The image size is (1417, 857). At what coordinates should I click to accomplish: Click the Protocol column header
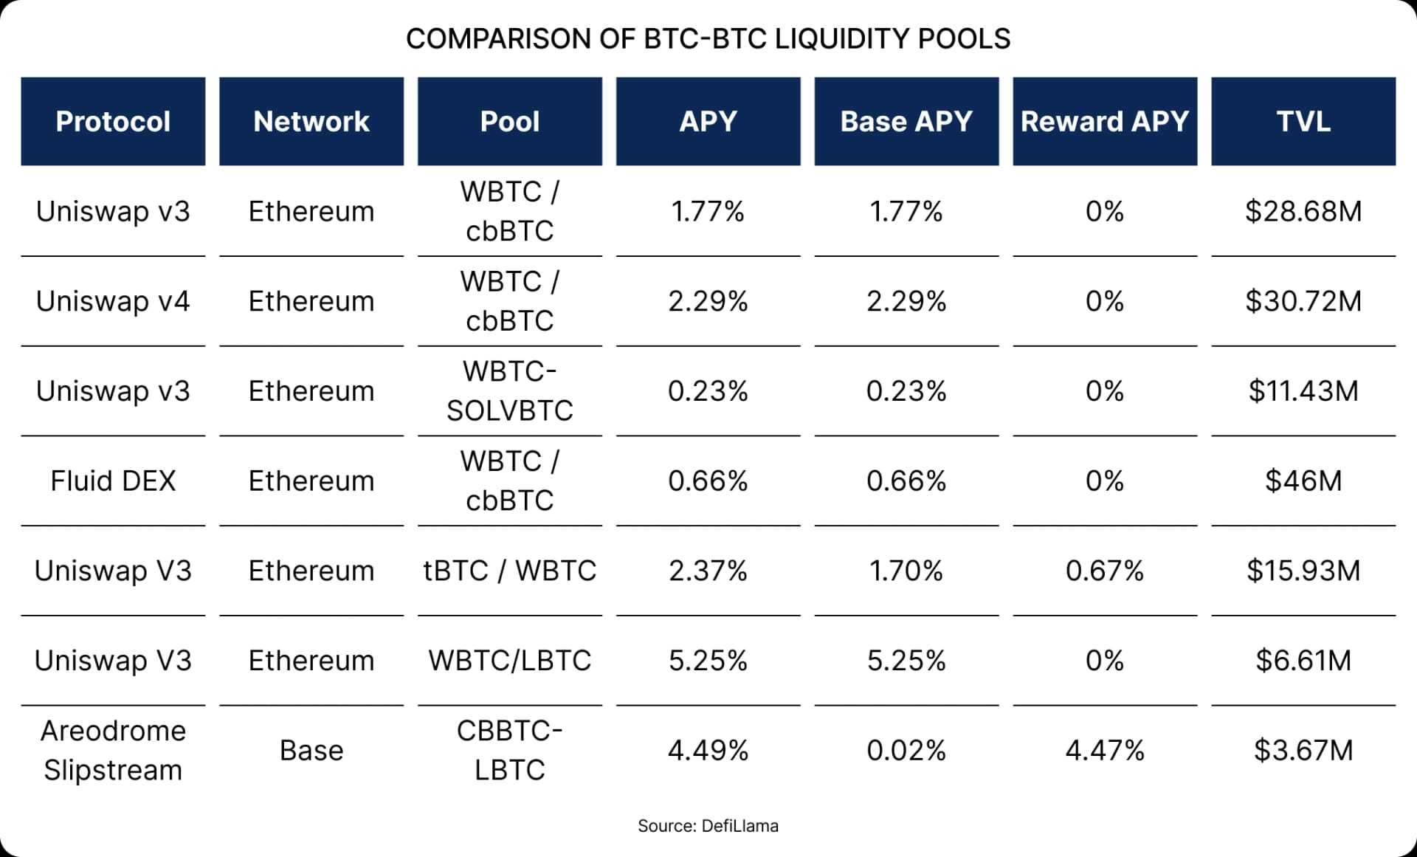click(x=113, y=121)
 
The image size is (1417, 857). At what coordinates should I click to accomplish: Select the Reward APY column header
click(x=1104, y=121)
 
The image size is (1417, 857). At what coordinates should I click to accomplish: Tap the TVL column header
click(x=1303, y=121)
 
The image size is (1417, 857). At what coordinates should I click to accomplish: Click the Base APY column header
click(x=906, y=121)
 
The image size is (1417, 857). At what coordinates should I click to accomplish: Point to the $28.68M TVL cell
click(x=1303, y=212)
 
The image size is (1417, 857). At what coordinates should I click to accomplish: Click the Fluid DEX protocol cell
click(x=113, y=481)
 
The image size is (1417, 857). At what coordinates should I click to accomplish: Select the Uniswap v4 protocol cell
click(x=113, y=301)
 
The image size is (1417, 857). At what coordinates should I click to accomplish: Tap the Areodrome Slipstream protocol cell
click(x=113, y=750)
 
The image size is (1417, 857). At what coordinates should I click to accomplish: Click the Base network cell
click(x=311, y=751)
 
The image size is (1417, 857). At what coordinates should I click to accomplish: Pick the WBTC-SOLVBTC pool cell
click(x=509, y=391)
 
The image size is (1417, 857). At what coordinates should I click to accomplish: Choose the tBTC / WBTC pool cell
click(x=509, y=571)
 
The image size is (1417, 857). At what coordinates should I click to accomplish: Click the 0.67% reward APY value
click(x=1104, y=571)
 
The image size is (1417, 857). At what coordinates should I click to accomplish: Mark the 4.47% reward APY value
click(x=1104, y=751)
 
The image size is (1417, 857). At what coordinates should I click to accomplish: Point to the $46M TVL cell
click(x=1303, y=481)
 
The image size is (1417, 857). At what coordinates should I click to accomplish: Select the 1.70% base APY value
click(x=906, y=571)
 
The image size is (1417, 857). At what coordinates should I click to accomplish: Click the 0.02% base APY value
click(x=906, y=751)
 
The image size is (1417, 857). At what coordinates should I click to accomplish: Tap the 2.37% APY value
click(x=708, y=571)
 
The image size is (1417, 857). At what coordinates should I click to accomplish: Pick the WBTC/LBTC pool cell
click(x=509, y=661)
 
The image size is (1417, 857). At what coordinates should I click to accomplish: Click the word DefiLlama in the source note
click(x=739, y=826)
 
